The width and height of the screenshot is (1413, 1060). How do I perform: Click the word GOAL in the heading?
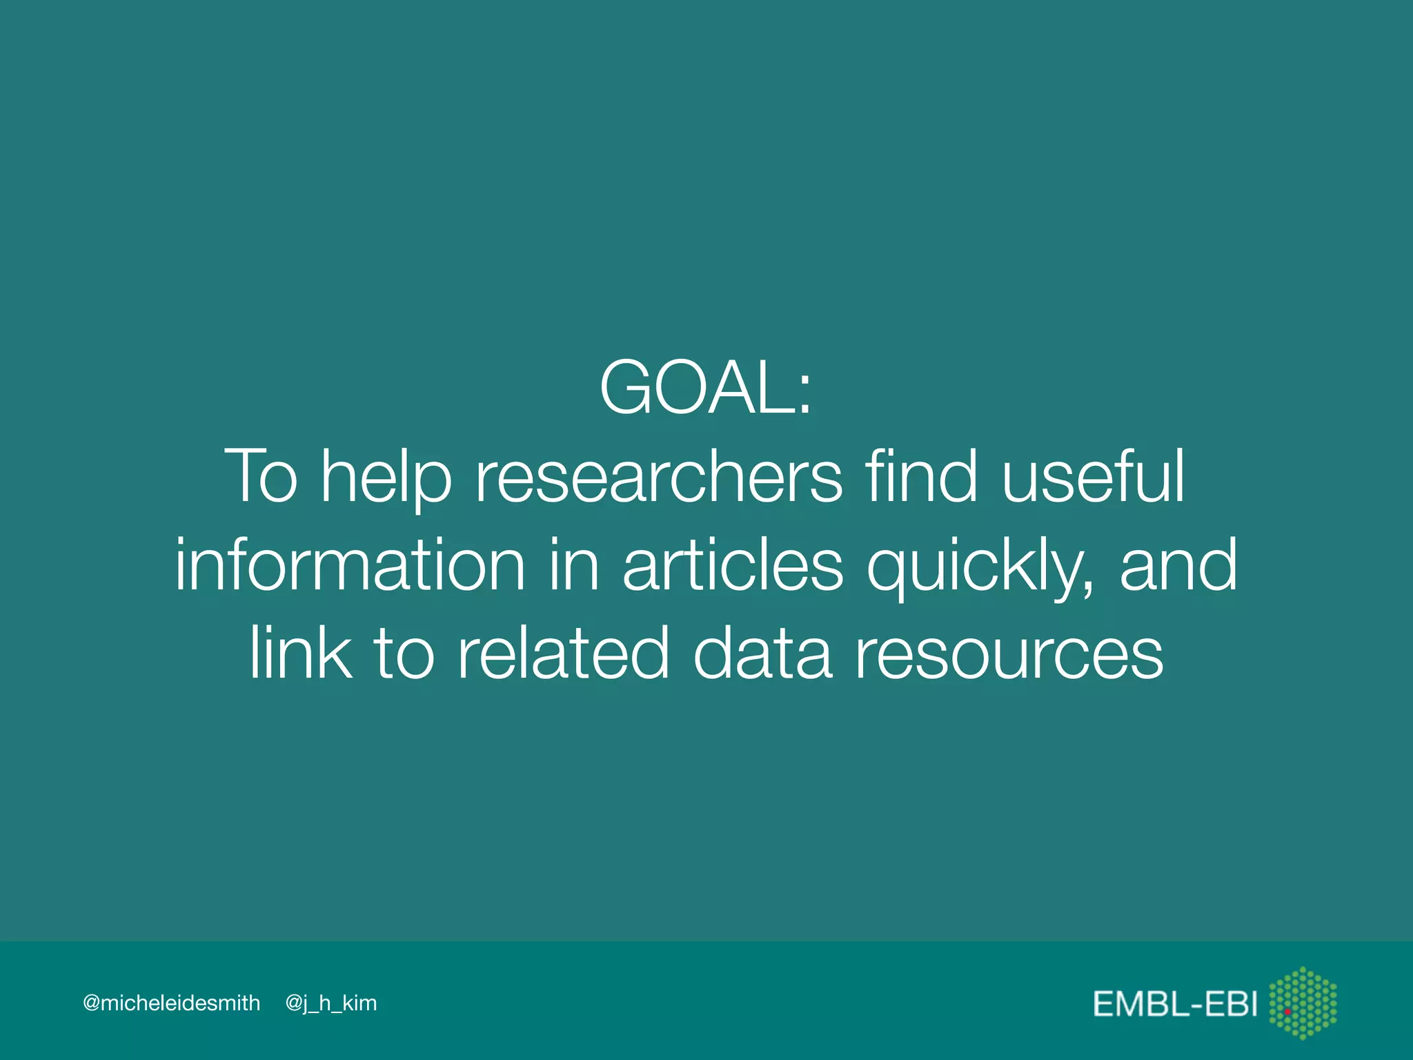coord(697,388)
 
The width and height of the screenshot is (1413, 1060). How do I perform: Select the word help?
coord(386,478)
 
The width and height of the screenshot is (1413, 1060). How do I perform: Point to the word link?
coord(301,652)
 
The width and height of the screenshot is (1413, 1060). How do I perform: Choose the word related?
coord(563,652)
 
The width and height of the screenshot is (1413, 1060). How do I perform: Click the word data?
coord(762,652)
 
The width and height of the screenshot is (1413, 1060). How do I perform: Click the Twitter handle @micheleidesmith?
coord(171,1003)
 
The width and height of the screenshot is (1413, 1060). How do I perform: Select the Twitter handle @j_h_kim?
coord(331,1003)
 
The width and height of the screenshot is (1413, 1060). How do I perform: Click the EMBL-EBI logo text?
coord(1175,1003)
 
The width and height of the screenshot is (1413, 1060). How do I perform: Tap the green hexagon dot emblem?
coord(1303,1003)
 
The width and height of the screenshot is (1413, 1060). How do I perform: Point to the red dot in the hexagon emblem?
coord(1287,1012)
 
